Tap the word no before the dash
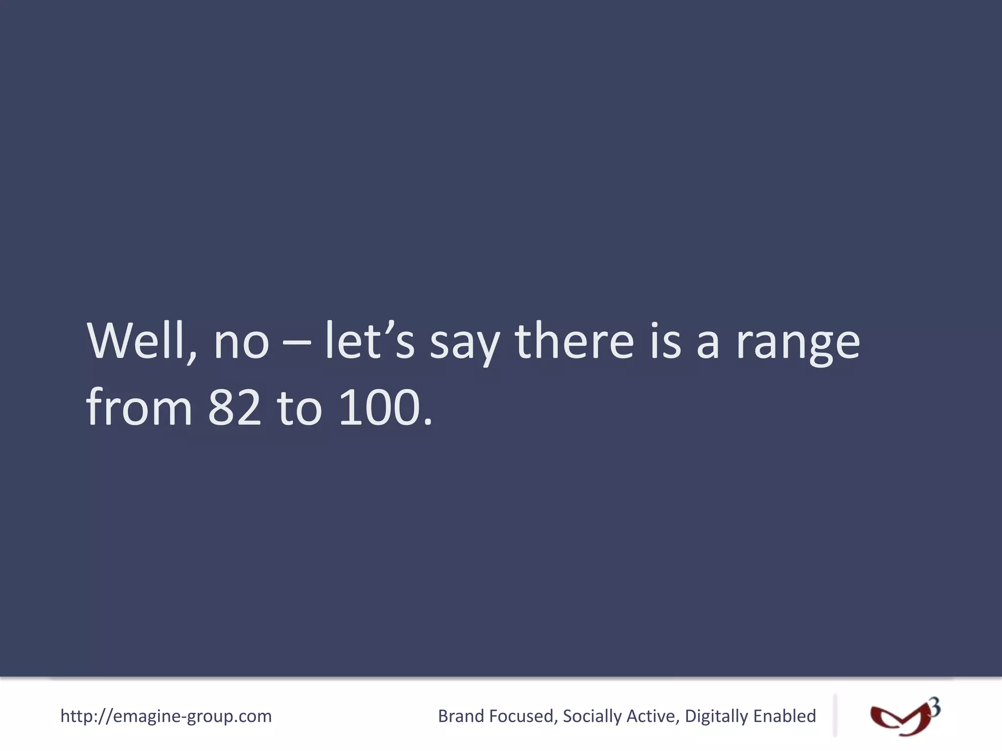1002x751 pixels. [241, 342]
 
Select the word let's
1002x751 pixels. [370, 341]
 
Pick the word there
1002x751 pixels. [574, 341]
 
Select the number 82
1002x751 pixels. [234, 408]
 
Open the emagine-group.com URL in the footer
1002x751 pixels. [166, 716]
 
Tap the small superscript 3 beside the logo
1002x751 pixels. [934, 707]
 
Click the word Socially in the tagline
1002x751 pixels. [592, 716]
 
